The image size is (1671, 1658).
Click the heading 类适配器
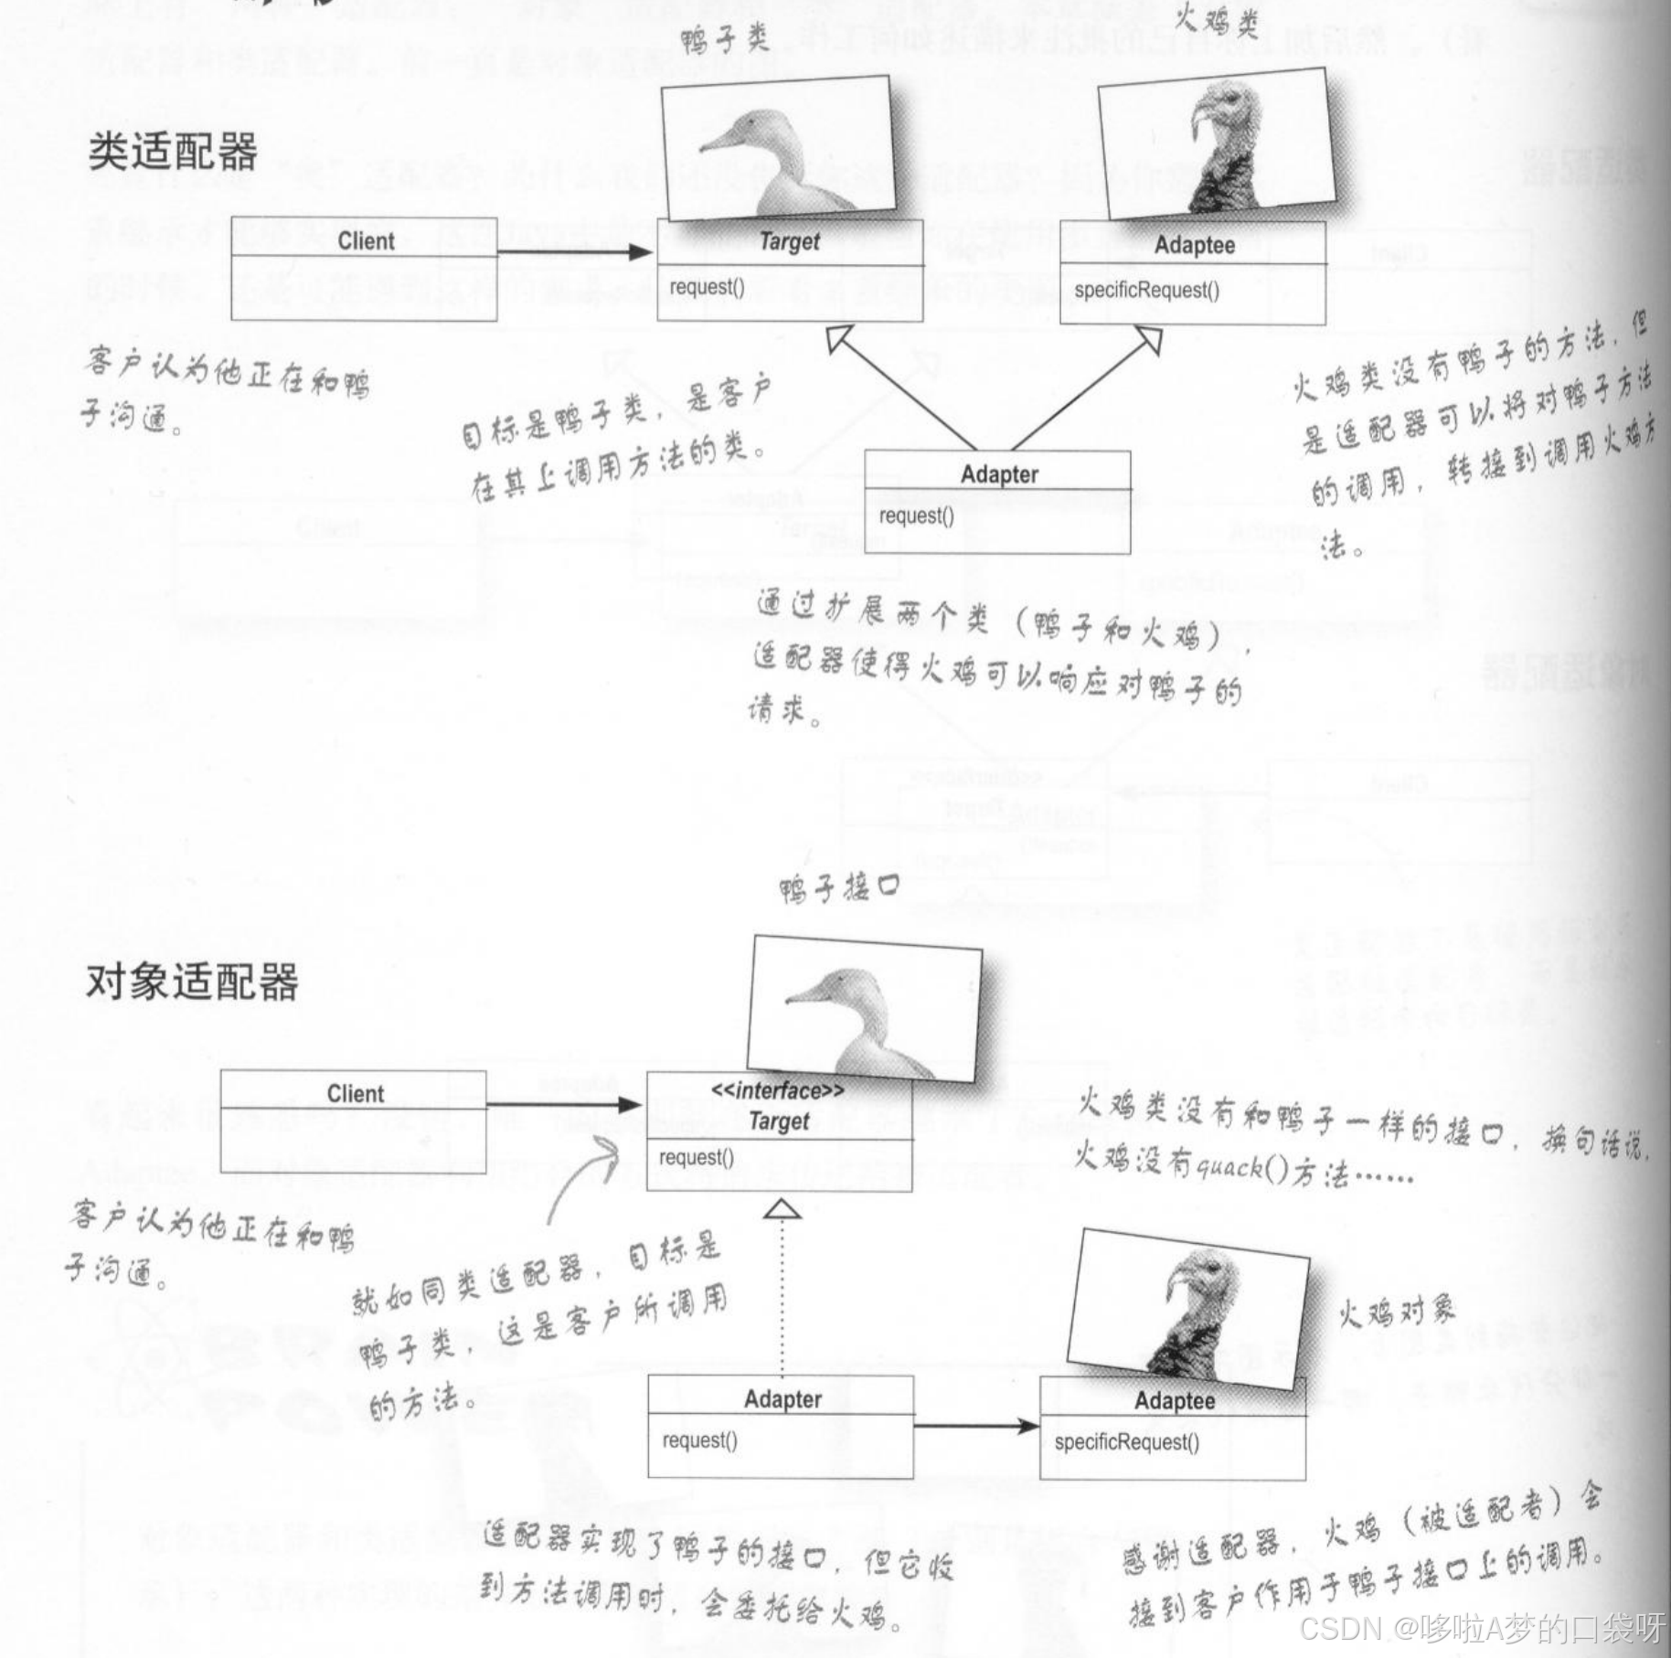(x=173, y=152)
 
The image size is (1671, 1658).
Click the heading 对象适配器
(x=192, y=982)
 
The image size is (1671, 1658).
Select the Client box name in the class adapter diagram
(x=366, y=241)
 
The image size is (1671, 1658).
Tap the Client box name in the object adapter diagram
(x=356, y=1093)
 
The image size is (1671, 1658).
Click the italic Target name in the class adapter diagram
(x=790, y=242)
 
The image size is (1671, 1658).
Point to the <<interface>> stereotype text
(x=778, y=1090)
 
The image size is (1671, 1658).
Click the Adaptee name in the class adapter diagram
(x=1194, y=245)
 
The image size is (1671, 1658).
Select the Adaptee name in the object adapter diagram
(x=1175, y=1401)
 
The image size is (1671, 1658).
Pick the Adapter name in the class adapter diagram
(x=999, y=474)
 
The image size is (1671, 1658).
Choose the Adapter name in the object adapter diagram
(x=782, y=1399)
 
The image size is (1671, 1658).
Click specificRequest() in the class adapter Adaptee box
(x=1146, y=291)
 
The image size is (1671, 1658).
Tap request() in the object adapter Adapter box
(x=699, y=1440)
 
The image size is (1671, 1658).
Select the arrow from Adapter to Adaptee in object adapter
(x=975, y=1425)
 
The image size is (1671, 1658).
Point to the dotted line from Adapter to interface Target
(x=782, y=1298)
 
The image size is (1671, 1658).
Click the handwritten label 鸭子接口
(x=839, y=887)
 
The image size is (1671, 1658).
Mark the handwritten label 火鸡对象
(x=1396, y=1313)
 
